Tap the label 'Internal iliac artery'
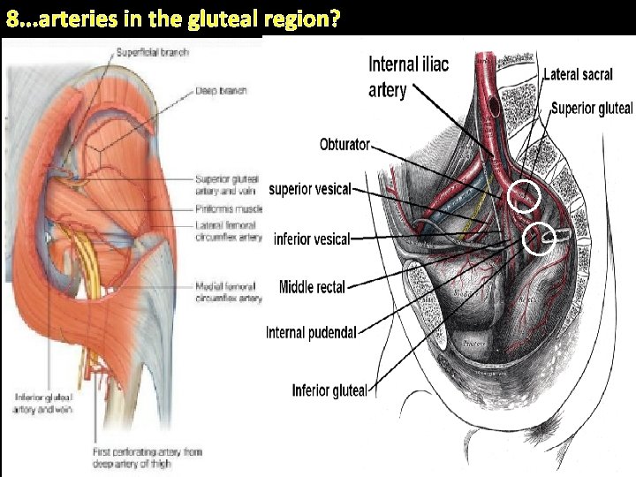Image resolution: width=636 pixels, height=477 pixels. coord(408,77)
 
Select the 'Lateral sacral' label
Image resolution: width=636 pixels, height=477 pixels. coord(578,74)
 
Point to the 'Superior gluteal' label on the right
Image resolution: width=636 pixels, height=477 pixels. coord(591,108)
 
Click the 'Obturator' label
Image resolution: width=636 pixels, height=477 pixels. coord(344,144)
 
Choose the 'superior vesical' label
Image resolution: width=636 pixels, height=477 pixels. coord(309,188)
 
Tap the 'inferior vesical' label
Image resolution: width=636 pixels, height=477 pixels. coord(312,238)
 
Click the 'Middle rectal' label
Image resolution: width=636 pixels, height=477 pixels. coord(312,285)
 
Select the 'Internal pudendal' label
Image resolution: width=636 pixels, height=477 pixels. coord(311,332)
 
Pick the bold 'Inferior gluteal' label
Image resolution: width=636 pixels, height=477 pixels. coord(329,390)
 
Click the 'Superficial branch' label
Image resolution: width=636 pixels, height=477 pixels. coord(152,53)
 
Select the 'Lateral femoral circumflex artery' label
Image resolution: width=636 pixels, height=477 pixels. coord(228,231)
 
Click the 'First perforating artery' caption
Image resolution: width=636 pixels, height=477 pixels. coord(148,457)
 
